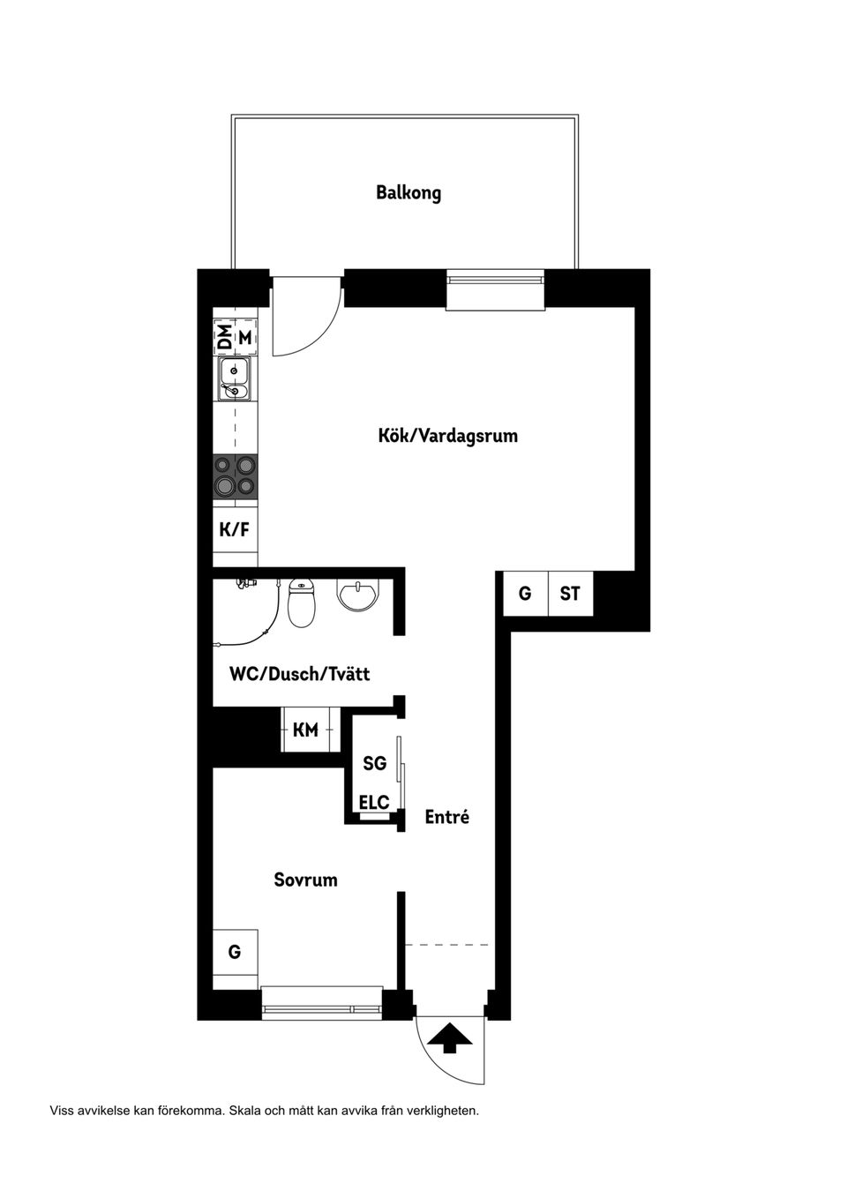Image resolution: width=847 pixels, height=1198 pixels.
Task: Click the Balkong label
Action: pos(409,192)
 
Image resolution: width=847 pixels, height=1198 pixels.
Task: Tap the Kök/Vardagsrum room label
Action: pos(448,435)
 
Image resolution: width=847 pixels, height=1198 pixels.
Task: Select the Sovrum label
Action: pos(306,880)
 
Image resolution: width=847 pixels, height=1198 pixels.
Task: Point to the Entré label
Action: pos(447,817)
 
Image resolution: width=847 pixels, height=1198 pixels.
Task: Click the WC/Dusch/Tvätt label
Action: pos(299,674)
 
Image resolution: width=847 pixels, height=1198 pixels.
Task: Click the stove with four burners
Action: pos(236,477)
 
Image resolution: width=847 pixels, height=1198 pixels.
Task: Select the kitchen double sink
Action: pos(236,378)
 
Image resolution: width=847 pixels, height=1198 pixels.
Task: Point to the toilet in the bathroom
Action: pos(302,603)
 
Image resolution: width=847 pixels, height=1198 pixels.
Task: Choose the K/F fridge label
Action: pos(235,529)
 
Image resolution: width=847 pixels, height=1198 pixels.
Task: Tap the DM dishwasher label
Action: pos(227,338)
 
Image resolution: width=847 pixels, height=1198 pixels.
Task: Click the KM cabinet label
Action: pos(305,730)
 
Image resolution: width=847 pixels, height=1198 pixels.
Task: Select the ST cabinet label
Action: pos(570,594)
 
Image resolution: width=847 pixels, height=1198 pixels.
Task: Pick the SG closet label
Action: pos(374,763)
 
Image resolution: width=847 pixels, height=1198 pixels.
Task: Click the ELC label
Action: pos(374,802)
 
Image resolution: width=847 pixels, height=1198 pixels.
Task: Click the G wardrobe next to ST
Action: pos(526,594)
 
